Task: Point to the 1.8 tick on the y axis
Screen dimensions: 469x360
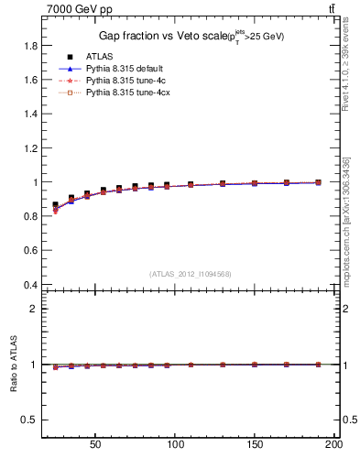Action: (x=29, y=46)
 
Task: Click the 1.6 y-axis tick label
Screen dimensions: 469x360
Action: (x=29, y=80)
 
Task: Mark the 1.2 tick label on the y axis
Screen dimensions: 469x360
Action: (x=29, y=148)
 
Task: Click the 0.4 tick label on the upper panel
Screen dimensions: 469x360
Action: (x=29, y=285)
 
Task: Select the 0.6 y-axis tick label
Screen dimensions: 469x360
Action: (x=29, y=251)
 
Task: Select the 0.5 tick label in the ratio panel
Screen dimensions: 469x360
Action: (x=29, y=420)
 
